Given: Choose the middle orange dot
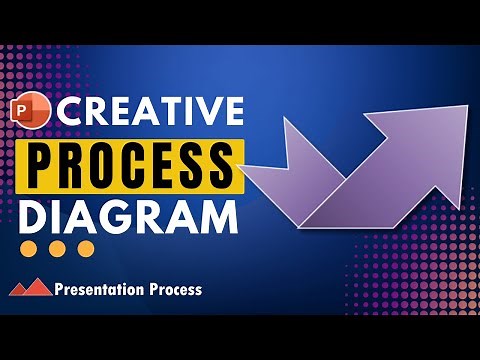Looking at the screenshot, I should [59, 248].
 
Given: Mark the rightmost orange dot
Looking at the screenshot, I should [86, 248].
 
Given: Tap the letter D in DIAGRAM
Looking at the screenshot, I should [34, 215].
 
